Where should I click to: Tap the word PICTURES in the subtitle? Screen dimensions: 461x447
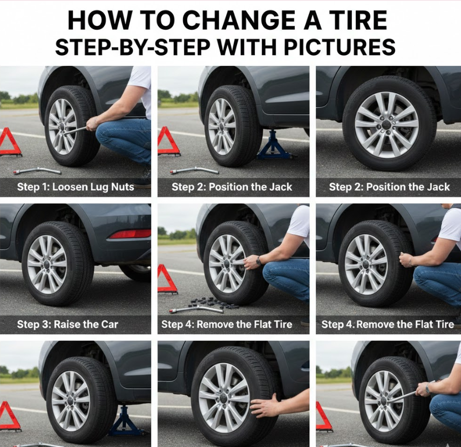point(340,47)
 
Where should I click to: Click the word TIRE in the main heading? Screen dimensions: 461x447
point(358,20)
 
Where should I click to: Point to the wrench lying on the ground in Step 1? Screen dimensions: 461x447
point(37,170)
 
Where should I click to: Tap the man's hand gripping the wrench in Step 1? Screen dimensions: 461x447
point(92,124)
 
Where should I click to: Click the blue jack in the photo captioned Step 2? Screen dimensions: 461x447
point(273,146)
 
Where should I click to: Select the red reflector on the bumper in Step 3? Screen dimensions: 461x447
point(130,234)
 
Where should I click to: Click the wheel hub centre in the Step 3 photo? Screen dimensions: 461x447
point(48,264)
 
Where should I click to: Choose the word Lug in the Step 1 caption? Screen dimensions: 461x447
point(99,187)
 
